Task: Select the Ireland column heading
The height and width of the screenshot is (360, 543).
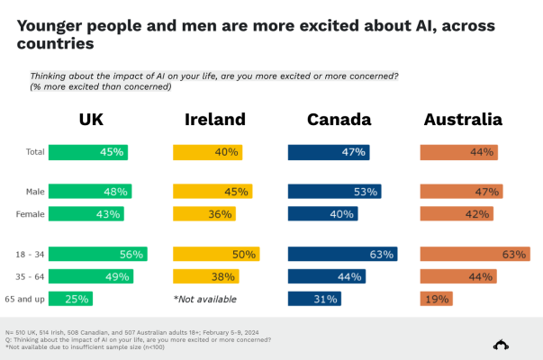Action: [x=215, y=121]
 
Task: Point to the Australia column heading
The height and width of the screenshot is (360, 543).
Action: [x=463, y=121]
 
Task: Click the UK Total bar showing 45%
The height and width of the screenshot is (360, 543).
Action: [x=88, y=152]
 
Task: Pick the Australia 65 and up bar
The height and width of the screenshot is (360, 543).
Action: [x=437, y=299]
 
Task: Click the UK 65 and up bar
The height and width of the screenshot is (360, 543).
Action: [x=71, y=299]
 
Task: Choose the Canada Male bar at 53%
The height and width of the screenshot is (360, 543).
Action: [x=334, y=191]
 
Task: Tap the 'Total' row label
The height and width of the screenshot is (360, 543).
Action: [x=34, y=152]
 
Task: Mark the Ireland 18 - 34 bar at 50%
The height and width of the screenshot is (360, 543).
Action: [x=216, y=254]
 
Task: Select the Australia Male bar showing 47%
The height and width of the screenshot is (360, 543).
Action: [x=461, y=191]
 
